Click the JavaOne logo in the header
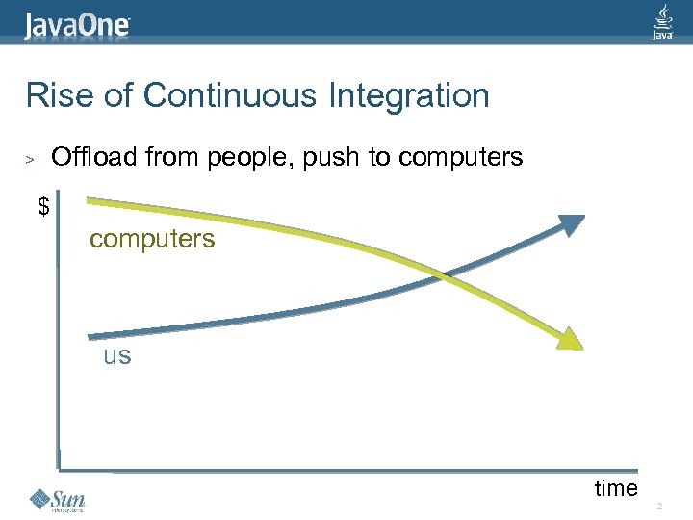pyautogui.click(x=77, y=25)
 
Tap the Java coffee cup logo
pyautogui.click(x=662, y=21)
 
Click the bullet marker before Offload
pyautogui.click(x=31, y=158)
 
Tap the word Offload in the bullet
pyautogui.click(x=93, y=157)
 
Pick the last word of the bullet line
pyautogui.click(x=461, y=157)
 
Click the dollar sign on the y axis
pyautogui.click(x=43, y=206)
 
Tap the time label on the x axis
pyautogui.click(x=616, y=488)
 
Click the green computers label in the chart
pyautogui.click(x=152, y=239)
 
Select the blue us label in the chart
pyautogui.click(x=117, y=356)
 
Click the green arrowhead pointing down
pyautogui.click(x=570, y=338)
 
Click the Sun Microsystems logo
pyautogui.click(x=58, y=500)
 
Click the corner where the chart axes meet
pyautogui.click(x=60, y=468)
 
